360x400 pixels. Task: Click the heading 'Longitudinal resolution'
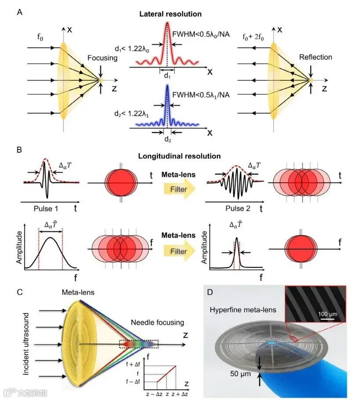tap(179, 156)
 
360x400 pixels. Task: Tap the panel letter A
tap(20, 12)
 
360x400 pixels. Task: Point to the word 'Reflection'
tap(315, 57)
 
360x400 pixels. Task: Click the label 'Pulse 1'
tap(47, 209)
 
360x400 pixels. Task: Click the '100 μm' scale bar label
tap(327, 314)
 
